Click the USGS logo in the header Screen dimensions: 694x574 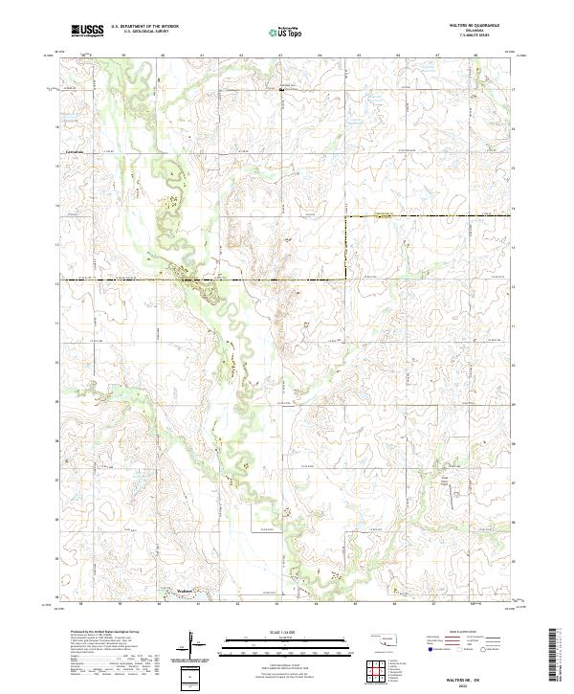pos(87,32)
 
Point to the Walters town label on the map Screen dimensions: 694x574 pos(187,591)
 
